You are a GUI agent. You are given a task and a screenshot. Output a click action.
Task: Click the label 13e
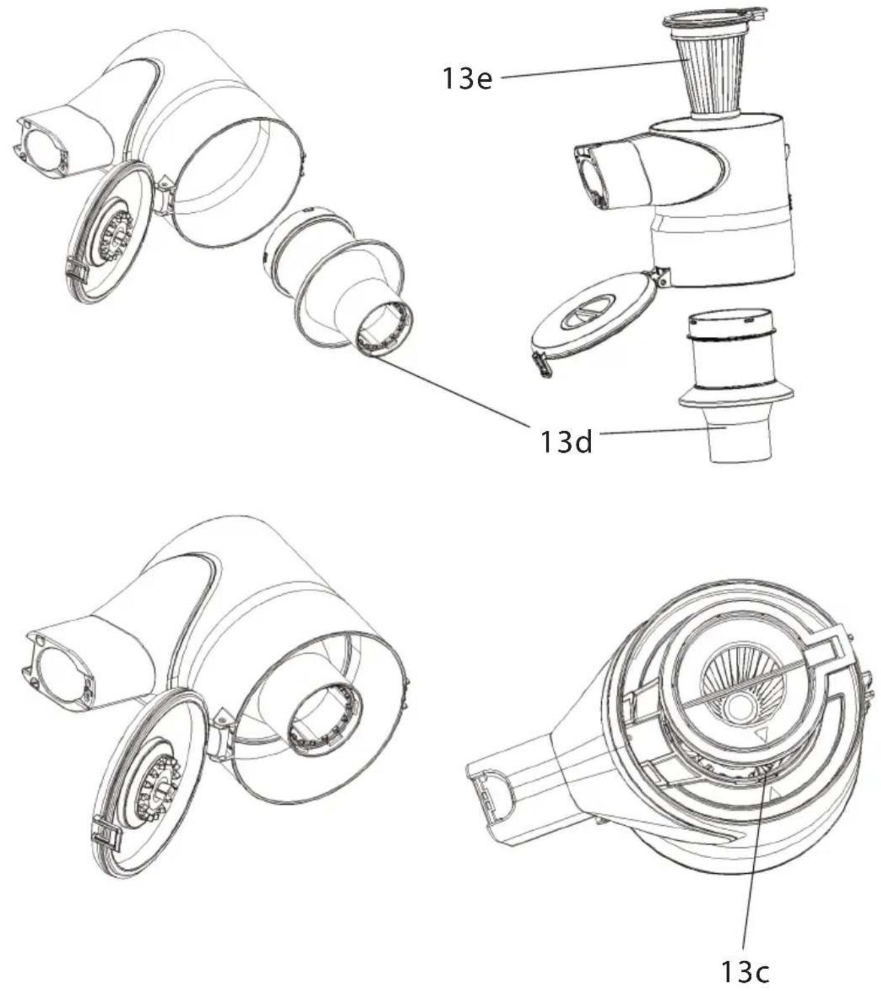467,79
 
